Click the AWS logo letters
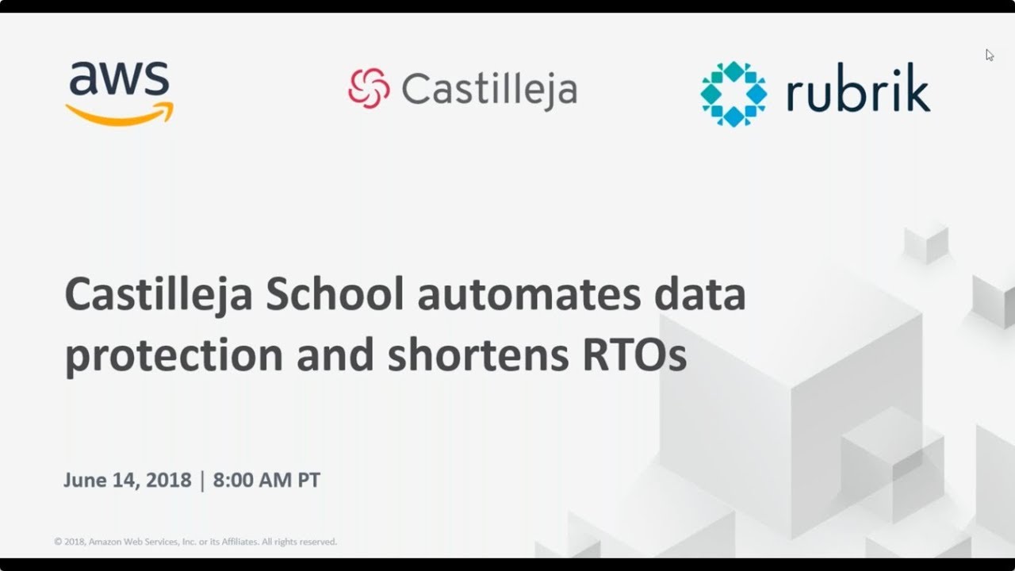(x=119, y=79)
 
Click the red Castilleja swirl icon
(x=369, y=87)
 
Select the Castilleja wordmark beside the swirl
(x=488, y=89)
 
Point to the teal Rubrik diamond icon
(x=733, y=94)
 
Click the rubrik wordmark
(x=857, y=93)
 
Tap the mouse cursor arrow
(x=989, y=55)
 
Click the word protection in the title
(x=174, y=356)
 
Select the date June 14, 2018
(x=128, y=481)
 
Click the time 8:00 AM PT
(x=266, y=481)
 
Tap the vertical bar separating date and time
(x=202, y=481)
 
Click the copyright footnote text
(x=196, y=542)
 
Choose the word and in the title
(x=335, y=356)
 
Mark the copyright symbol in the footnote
(x=58, y=542)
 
